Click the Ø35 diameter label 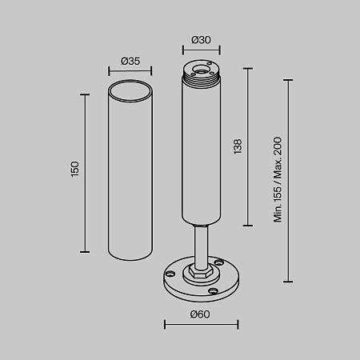point(130,61)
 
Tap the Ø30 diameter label point(201,40)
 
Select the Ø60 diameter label point(201,314)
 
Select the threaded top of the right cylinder point(201,77)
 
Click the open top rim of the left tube point(130,84)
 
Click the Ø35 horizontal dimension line point(130,72)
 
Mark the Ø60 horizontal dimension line point(201,324)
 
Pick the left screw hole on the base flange point(170,273)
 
